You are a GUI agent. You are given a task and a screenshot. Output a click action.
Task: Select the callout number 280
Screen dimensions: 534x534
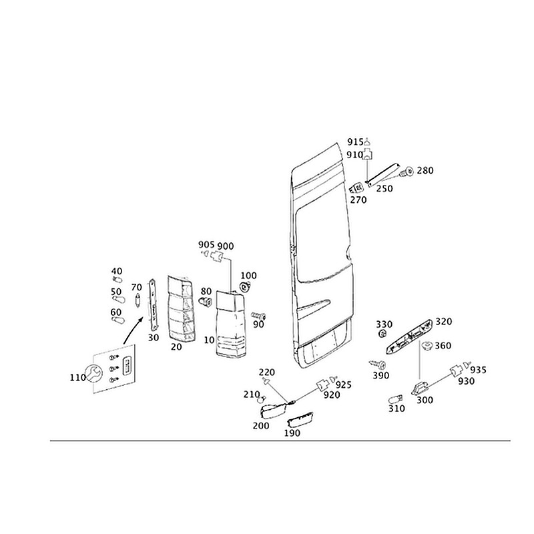click(x=425, y=171)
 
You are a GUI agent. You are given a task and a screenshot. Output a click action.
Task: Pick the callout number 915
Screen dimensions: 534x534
click(x=355, y=142)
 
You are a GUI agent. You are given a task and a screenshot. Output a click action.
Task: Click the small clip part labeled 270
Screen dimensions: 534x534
click(x=356, y=188)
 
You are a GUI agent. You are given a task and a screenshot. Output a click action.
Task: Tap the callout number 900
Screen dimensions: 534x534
click(x=226, y=246)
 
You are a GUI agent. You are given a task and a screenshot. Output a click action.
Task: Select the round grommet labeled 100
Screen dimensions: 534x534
click(x=245, y=287)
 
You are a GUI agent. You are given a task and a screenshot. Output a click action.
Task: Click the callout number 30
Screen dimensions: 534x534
click(x=153, y=338)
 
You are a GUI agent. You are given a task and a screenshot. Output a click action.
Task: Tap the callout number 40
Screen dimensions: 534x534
click(x=117, y=272)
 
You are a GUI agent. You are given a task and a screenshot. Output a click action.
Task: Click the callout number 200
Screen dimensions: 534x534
click(x=262, y=425)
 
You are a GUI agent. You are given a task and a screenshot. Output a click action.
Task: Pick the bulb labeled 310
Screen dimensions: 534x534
click(x=394, y=398)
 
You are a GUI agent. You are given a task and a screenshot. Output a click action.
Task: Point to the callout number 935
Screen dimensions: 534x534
click(x=478, y=369)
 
